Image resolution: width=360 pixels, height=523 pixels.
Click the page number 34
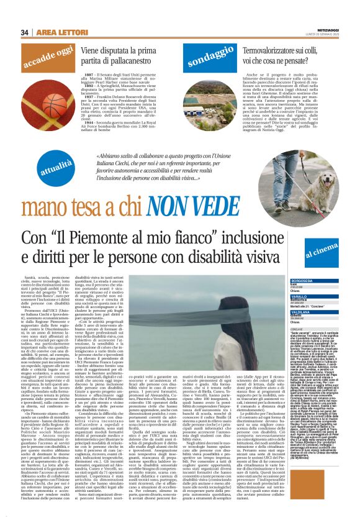point(25,32)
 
